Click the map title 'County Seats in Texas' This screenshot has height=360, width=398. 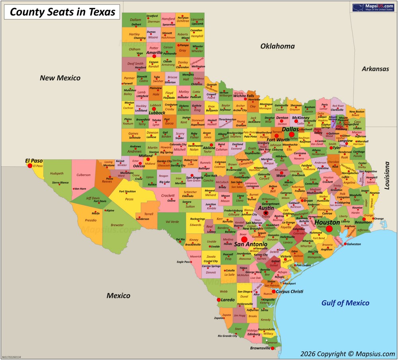[x=62, y=12]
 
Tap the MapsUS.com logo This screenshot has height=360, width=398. [x=373, y=8]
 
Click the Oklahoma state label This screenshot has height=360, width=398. [x=277, y=46]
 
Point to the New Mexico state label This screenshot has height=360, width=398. [x=60, y=78]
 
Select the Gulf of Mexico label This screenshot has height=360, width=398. [x=345, y=303]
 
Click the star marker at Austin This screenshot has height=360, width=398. [x=265, y=213]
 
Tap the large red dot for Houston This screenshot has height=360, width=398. [x=329, y=229]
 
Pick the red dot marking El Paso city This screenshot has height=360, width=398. [x=30, y=166]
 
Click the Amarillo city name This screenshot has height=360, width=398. [x=154, y=53]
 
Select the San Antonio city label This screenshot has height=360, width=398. [x=250, y=244]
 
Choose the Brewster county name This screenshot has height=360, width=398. [x=117, y=225]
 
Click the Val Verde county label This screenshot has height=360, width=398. [x=172, y=222]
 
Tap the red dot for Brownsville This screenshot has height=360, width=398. [x=272, y=348]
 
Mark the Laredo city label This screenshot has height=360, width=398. [x=228, y=300]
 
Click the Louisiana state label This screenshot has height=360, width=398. [x=388, y=175]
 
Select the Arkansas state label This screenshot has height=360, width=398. [x=375, y=69]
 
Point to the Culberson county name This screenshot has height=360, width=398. [x=83, y=175]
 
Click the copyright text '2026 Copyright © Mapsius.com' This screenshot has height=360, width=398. [x=347, y=353]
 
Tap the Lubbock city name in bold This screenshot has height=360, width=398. [x=156, y=113]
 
